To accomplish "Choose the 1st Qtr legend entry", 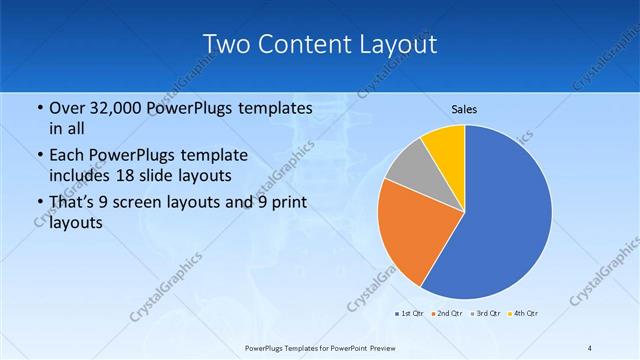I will [408, 313].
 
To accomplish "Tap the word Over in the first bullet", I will [66, 108].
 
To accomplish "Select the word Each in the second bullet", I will [66, 155].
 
